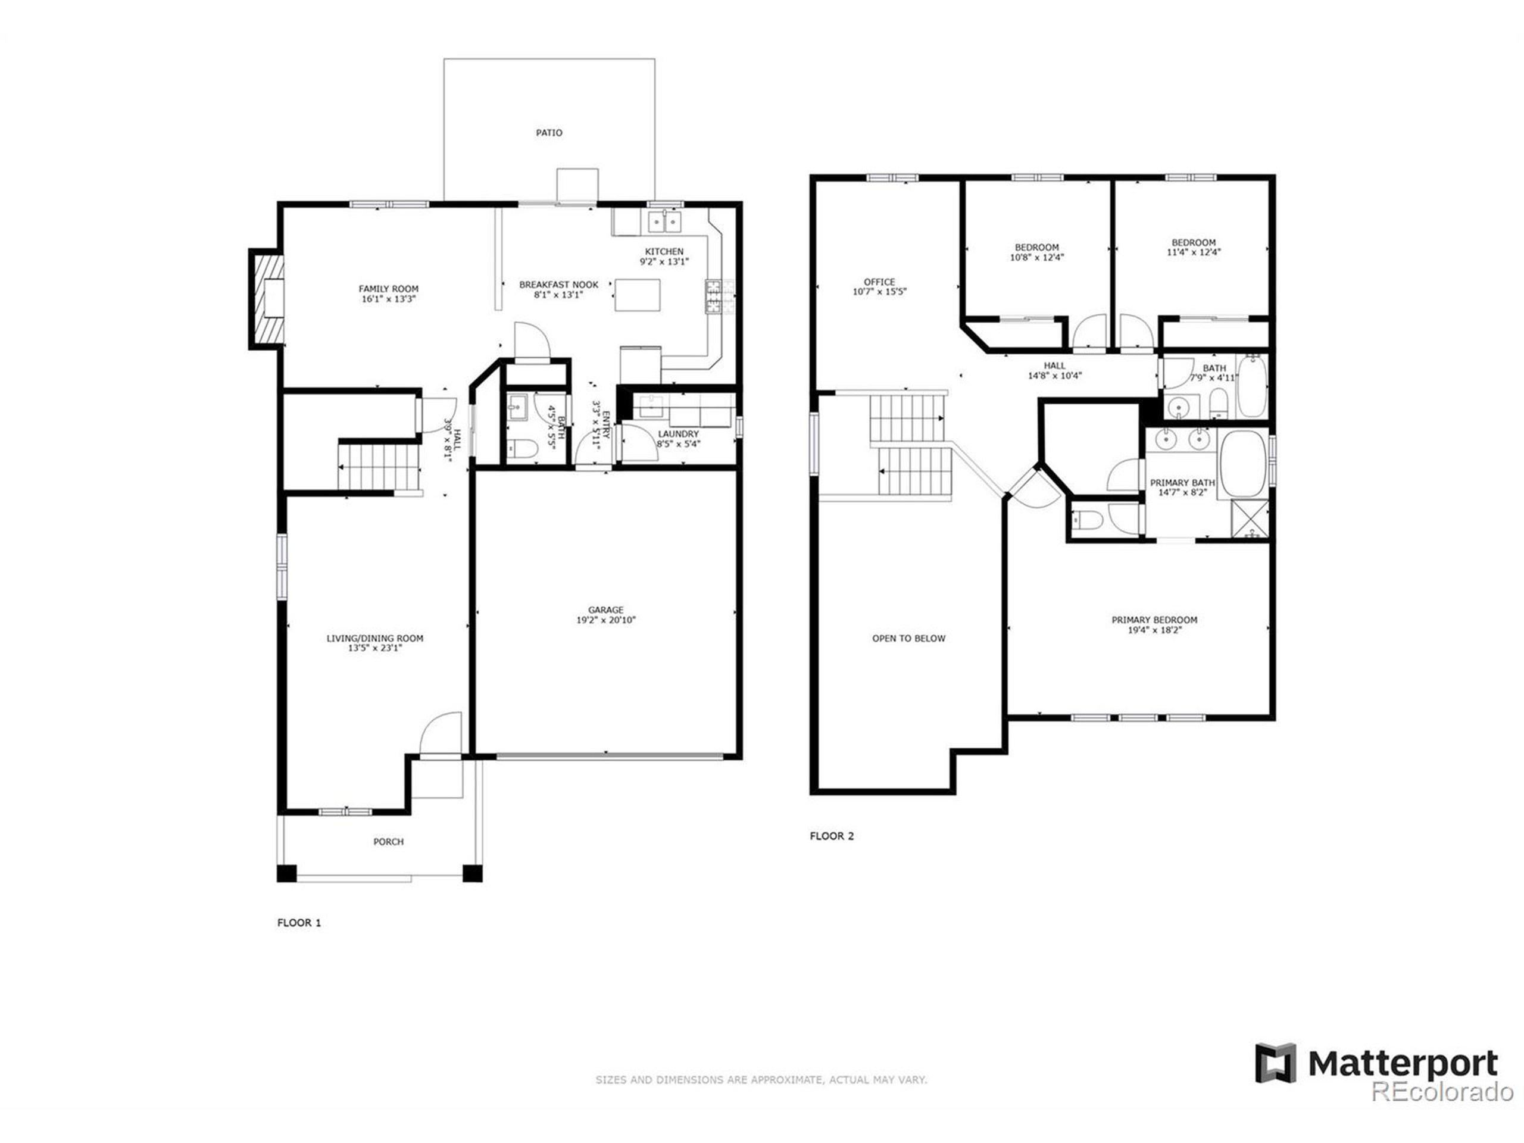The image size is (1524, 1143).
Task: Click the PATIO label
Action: pyautogui.click(x=549, y=132)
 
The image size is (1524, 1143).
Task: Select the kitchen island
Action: pyautogui.click(x=638, y=295)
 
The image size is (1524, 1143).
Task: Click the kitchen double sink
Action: pyautogui.click(x=664, y=222)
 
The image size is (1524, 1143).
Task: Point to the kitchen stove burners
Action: pyautogui.click(x=719, y=297)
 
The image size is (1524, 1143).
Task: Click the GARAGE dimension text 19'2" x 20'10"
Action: pyautogui.click(x=605, y=620)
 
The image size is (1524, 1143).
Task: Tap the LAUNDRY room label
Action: pyautogui.click(x=678, y=434)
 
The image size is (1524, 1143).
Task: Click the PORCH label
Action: pyautogui.click(x=389, y=842)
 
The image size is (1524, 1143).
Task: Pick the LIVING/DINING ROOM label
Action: pyautogui.click(x=375, y=639)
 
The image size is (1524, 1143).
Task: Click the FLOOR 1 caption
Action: pyautogui.click(x=299, y=923)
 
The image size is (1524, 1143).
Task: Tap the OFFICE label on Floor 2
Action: pyautogui.click(x=879, y=282)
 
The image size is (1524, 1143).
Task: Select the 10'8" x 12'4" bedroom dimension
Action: pyautogui.click(x=1036, y=258)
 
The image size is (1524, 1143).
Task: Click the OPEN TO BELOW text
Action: pyautogui.click(x=909, y=639)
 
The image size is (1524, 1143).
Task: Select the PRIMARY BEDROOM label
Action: pyautogui.click(x=1154, y=620)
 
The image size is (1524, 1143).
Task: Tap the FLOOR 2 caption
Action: pyautogui.click(x=832, y=836)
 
